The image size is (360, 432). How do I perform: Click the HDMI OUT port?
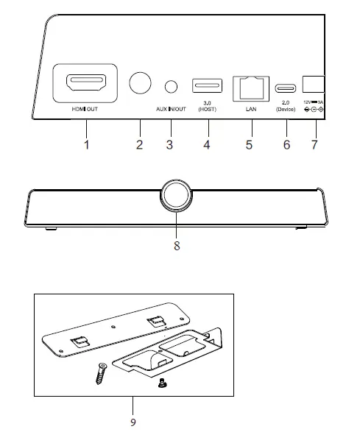pos(85,83)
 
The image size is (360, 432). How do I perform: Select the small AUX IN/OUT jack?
pos(172,86)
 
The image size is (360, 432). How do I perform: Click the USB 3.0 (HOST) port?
pos(206,85)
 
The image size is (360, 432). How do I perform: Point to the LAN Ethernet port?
pos(249,87)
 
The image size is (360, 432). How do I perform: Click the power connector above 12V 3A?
pos(314,84)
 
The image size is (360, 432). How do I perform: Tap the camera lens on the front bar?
pos(177,195)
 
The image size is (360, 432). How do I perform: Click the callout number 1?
pos(86,145)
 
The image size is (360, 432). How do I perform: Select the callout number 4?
pos(207,145)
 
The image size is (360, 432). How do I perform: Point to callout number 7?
pos(314,145)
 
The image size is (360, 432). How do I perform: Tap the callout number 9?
pos(133,422)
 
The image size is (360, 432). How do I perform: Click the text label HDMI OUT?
pos(86,110)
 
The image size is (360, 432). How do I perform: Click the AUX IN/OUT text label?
pos(172,109)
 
